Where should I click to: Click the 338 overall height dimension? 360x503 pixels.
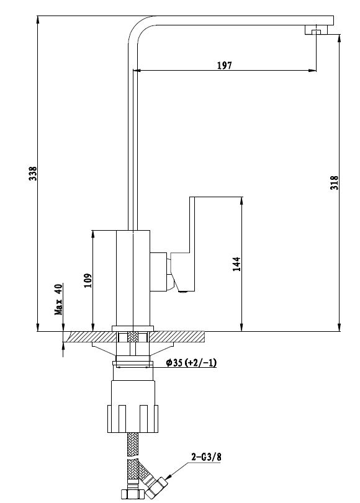coord(33,173)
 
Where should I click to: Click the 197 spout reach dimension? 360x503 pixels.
coord(224,66)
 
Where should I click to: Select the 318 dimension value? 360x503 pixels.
coord(335,182)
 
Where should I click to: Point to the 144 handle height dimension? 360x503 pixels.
coord(236,264)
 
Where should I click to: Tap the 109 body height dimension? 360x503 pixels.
coord(88,280)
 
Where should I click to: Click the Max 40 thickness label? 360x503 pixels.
coord(58,300)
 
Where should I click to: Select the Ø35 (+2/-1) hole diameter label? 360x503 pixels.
coord(191,362)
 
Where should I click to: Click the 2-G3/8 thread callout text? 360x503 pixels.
coord(207,457)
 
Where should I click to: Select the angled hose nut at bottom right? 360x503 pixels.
coord(156,486)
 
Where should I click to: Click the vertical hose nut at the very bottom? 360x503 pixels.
coord(132,494)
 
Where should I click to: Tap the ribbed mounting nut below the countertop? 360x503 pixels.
coord(133,419)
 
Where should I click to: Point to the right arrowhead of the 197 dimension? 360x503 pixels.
coord(312,70)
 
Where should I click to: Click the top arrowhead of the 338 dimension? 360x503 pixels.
coord(38,20)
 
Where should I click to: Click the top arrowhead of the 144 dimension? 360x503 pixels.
coord(241,201)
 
